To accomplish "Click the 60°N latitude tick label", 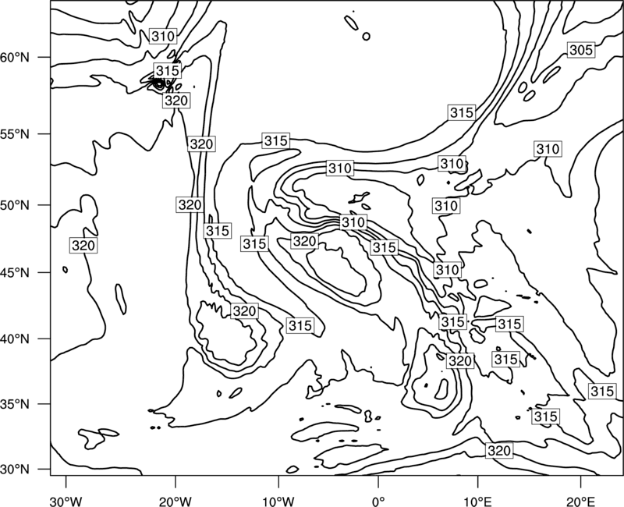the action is [x=15, y=57].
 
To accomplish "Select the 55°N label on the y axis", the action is [x=15, y=134].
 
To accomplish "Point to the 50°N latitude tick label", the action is [x=15, y=205].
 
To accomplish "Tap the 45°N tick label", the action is [x=15, y=272].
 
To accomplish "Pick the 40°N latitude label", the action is [x=15, y=339].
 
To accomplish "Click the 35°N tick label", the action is [x=15, y=404].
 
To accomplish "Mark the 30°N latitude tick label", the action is [x=15, y=470].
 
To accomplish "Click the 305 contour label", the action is [x=581, y=50].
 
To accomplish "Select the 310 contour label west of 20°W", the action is [x=163, y=36].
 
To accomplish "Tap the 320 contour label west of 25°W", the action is [x=83, y=246].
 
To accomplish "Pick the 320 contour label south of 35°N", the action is [x=499, y=451].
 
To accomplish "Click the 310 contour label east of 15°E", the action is [x=548, y=149].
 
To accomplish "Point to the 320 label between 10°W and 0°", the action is [x=304, y=241].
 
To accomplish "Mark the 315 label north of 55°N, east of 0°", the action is [x=462, y=112].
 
